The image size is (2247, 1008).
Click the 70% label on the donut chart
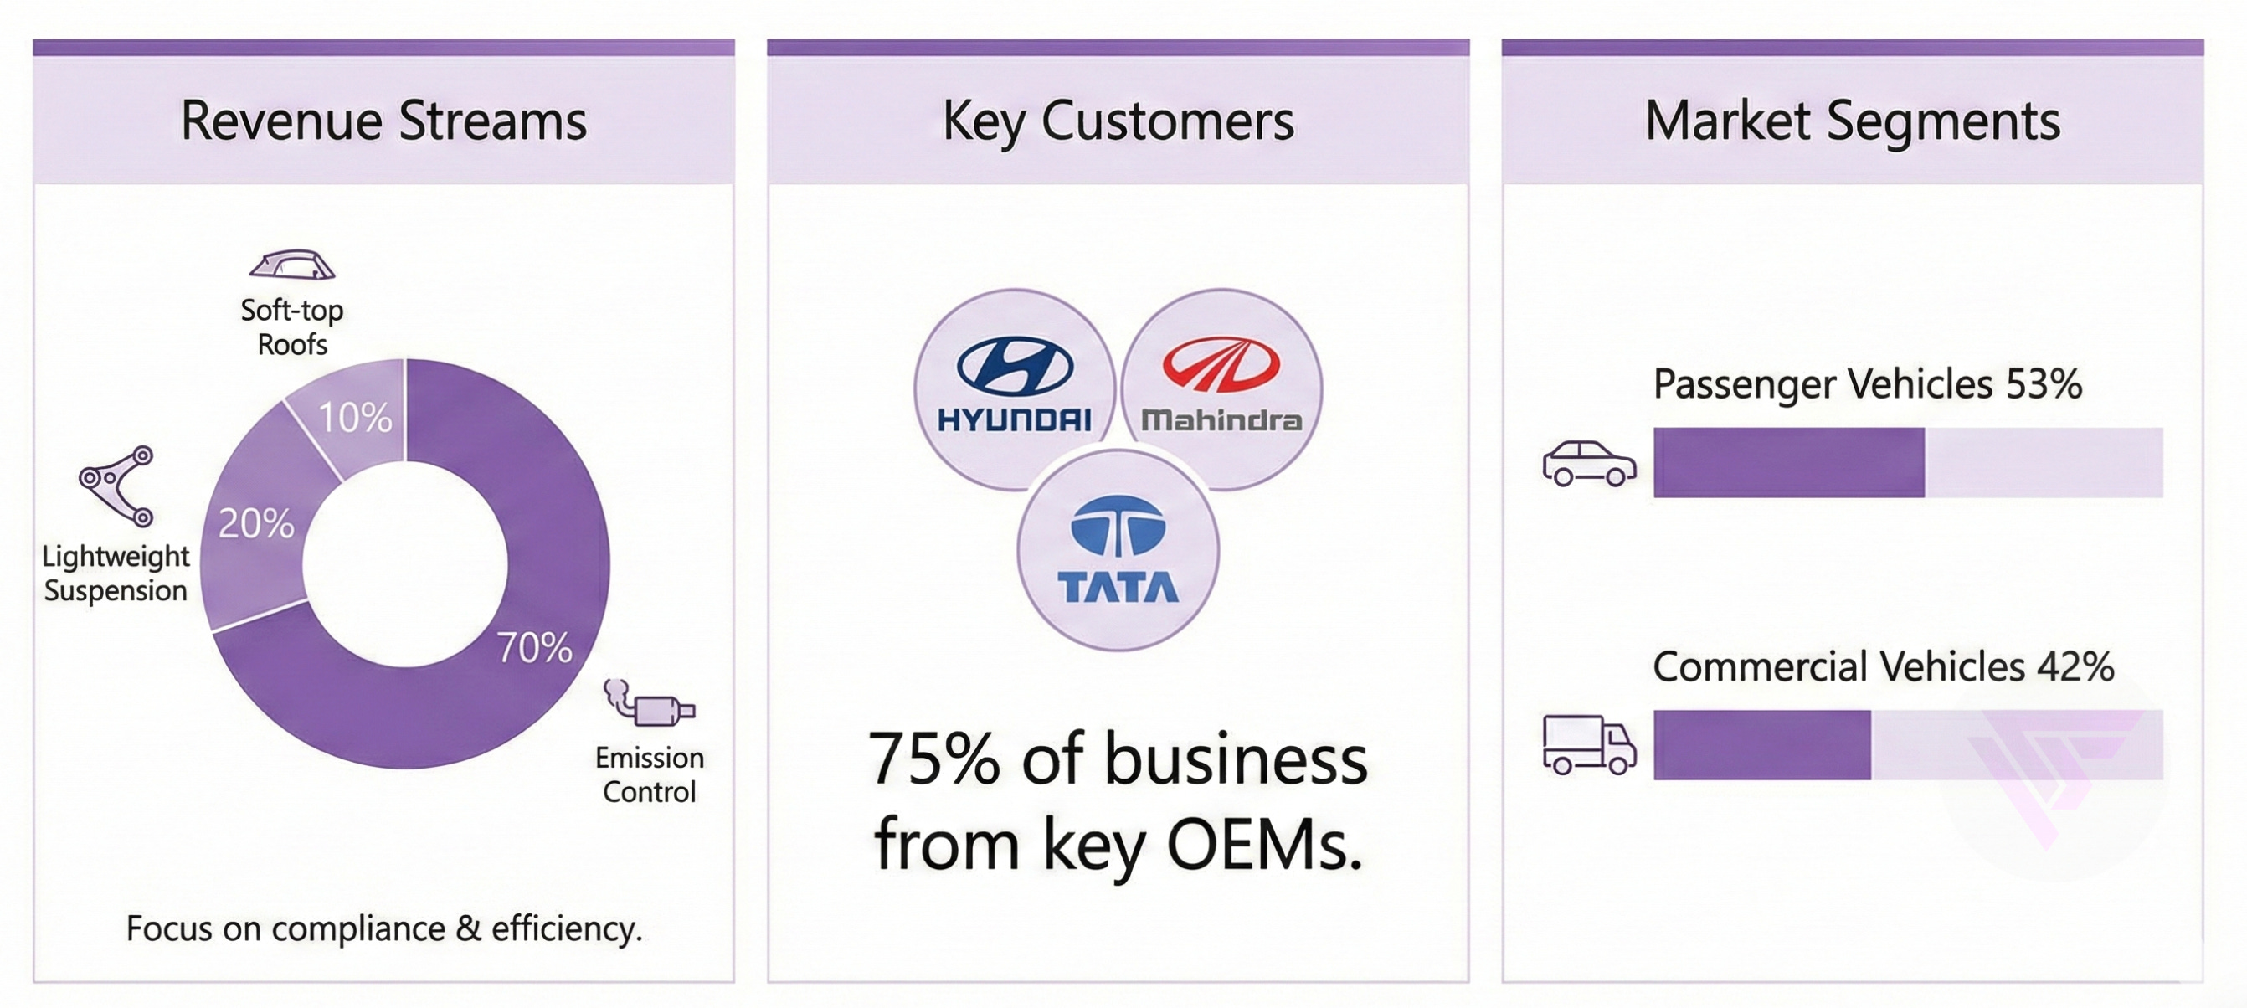535,648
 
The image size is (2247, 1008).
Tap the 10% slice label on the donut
355,418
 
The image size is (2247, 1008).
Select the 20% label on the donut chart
256,524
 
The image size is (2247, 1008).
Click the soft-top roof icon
292,265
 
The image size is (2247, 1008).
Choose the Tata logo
1118,550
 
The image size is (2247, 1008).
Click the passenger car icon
1588,463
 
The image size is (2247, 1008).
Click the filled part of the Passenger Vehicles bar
1788,463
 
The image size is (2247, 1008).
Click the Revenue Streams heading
383,121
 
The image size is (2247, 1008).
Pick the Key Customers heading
1118,121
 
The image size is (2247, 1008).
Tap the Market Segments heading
1853,121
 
